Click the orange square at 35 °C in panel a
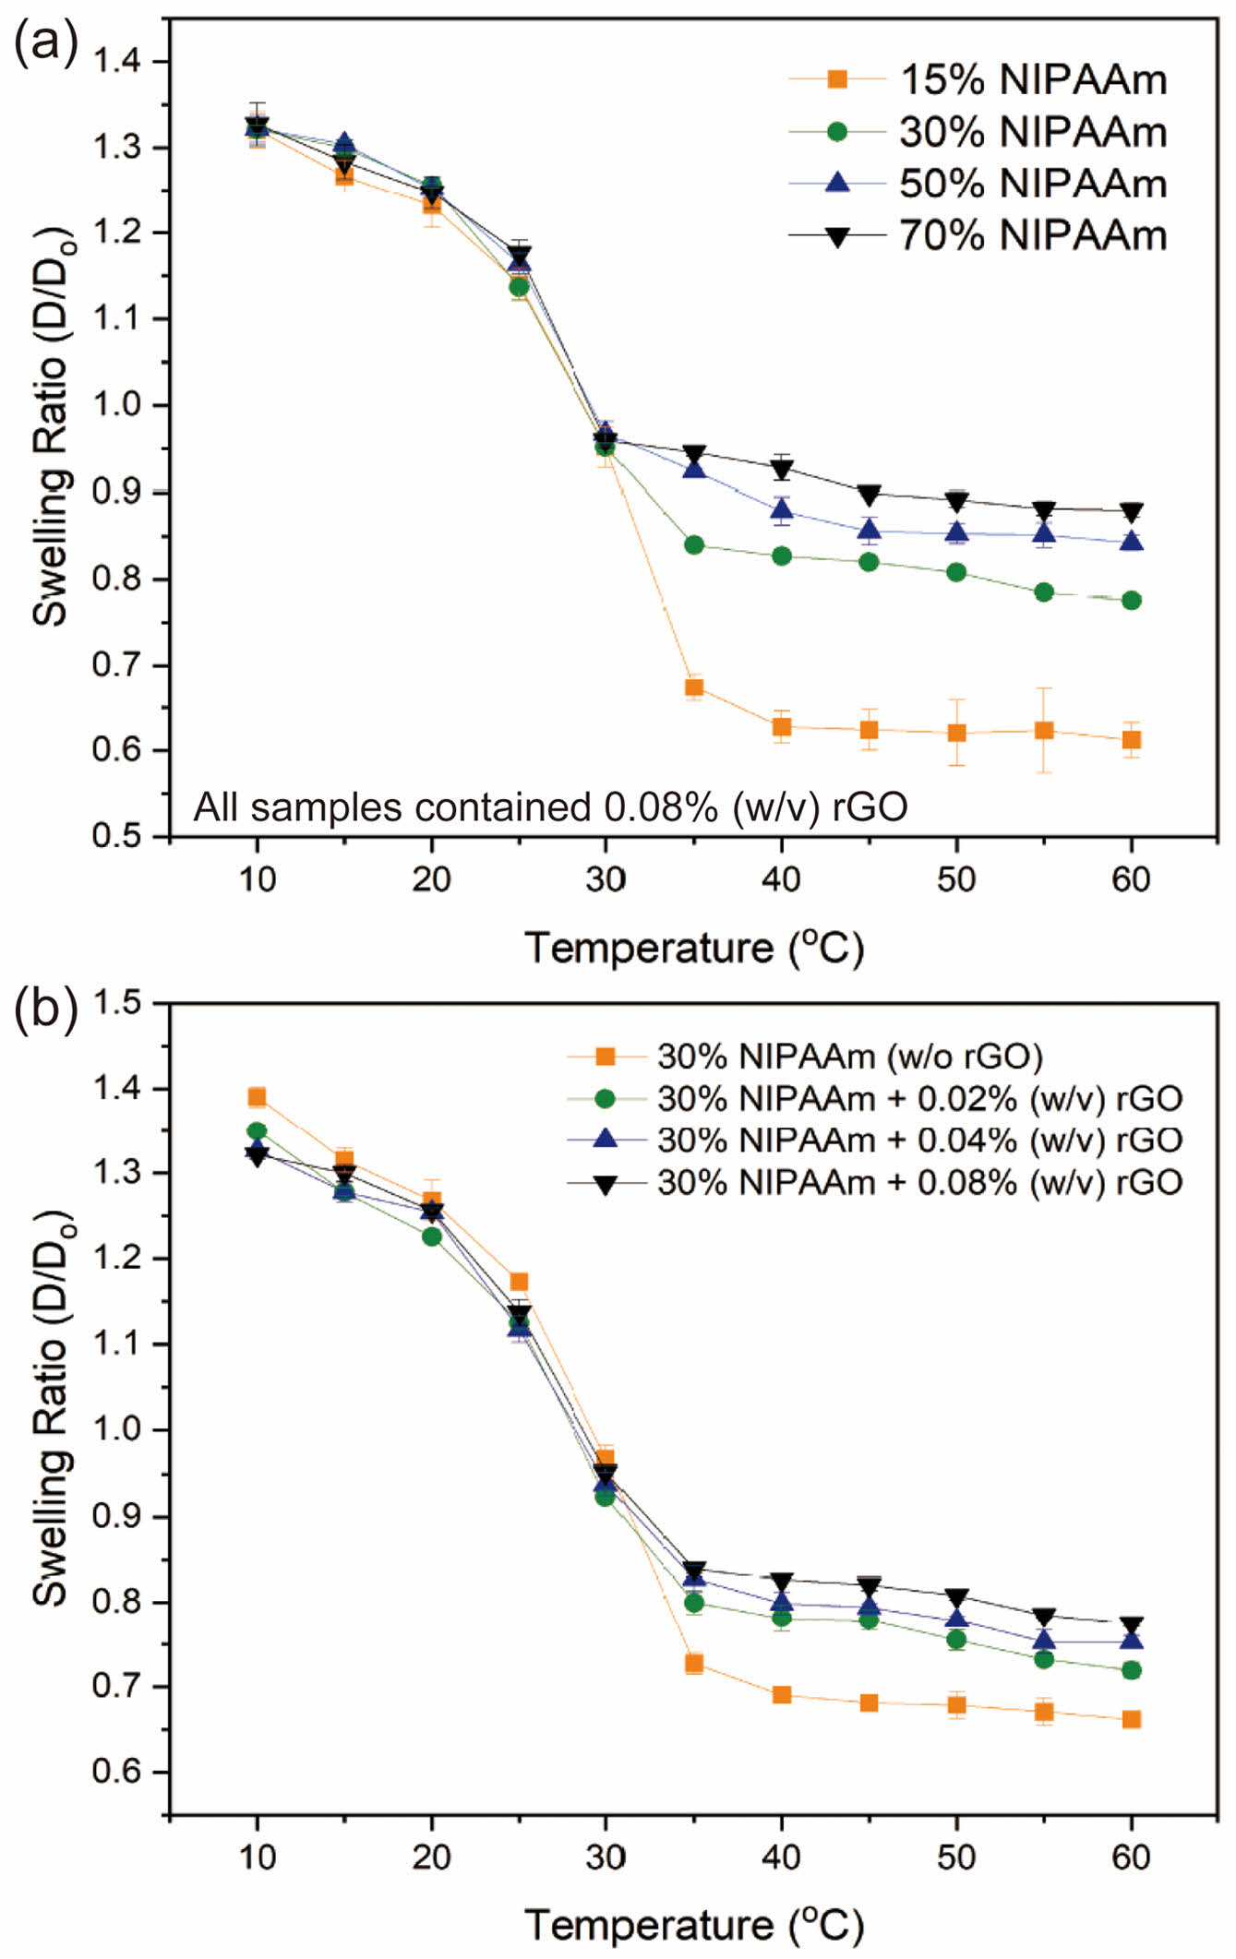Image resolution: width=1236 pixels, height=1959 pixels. point(694,687)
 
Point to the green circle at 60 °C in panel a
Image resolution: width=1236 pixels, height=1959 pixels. point(1132,601)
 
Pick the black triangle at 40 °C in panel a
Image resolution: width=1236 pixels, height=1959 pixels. point(782,470)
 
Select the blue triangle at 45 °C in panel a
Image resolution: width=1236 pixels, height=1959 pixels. point(869,530)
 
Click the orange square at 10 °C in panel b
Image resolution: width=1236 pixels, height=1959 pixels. point(257,1097)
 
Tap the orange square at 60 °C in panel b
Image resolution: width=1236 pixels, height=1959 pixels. point(1132,1719)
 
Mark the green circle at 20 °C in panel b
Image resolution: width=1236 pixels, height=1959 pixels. point(431,1236)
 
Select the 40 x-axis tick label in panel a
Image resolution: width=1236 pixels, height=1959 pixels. point(781,880)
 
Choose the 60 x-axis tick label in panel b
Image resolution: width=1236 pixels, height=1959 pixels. point(1131,1857)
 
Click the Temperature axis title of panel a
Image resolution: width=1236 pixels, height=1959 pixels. point(694,949)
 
